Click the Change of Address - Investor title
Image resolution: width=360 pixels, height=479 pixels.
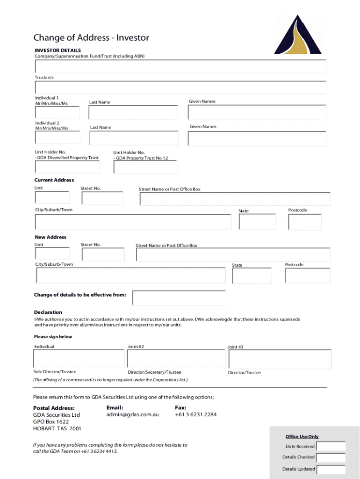click(91, 38)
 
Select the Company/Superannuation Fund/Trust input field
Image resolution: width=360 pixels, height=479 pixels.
click(180, 66)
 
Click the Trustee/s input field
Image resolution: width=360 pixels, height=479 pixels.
click(180, 87)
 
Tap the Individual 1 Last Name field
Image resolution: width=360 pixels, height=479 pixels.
click(133, 112)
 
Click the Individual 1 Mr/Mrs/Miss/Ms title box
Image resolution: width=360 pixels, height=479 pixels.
click(57, 112)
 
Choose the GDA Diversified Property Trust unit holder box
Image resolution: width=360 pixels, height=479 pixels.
click(67, 167)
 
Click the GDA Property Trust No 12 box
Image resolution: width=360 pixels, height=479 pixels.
click(145, 167)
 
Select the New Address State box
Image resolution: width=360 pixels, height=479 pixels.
click(252, 276)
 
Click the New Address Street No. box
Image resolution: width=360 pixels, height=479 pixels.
click(103, 254)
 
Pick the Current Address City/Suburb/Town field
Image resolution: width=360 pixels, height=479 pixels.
click(133, 222)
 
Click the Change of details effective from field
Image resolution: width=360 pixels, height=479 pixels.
click(179, 298)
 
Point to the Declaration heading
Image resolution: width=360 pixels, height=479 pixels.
click(48, 312)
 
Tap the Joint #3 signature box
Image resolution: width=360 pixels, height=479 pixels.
click(280, 359)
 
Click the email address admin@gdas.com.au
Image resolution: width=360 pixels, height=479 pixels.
click(133, 414)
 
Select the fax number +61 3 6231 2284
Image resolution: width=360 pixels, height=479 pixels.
click(195, 414)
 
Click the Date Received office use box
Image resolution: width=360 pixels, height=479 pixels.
click(331, 446)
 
